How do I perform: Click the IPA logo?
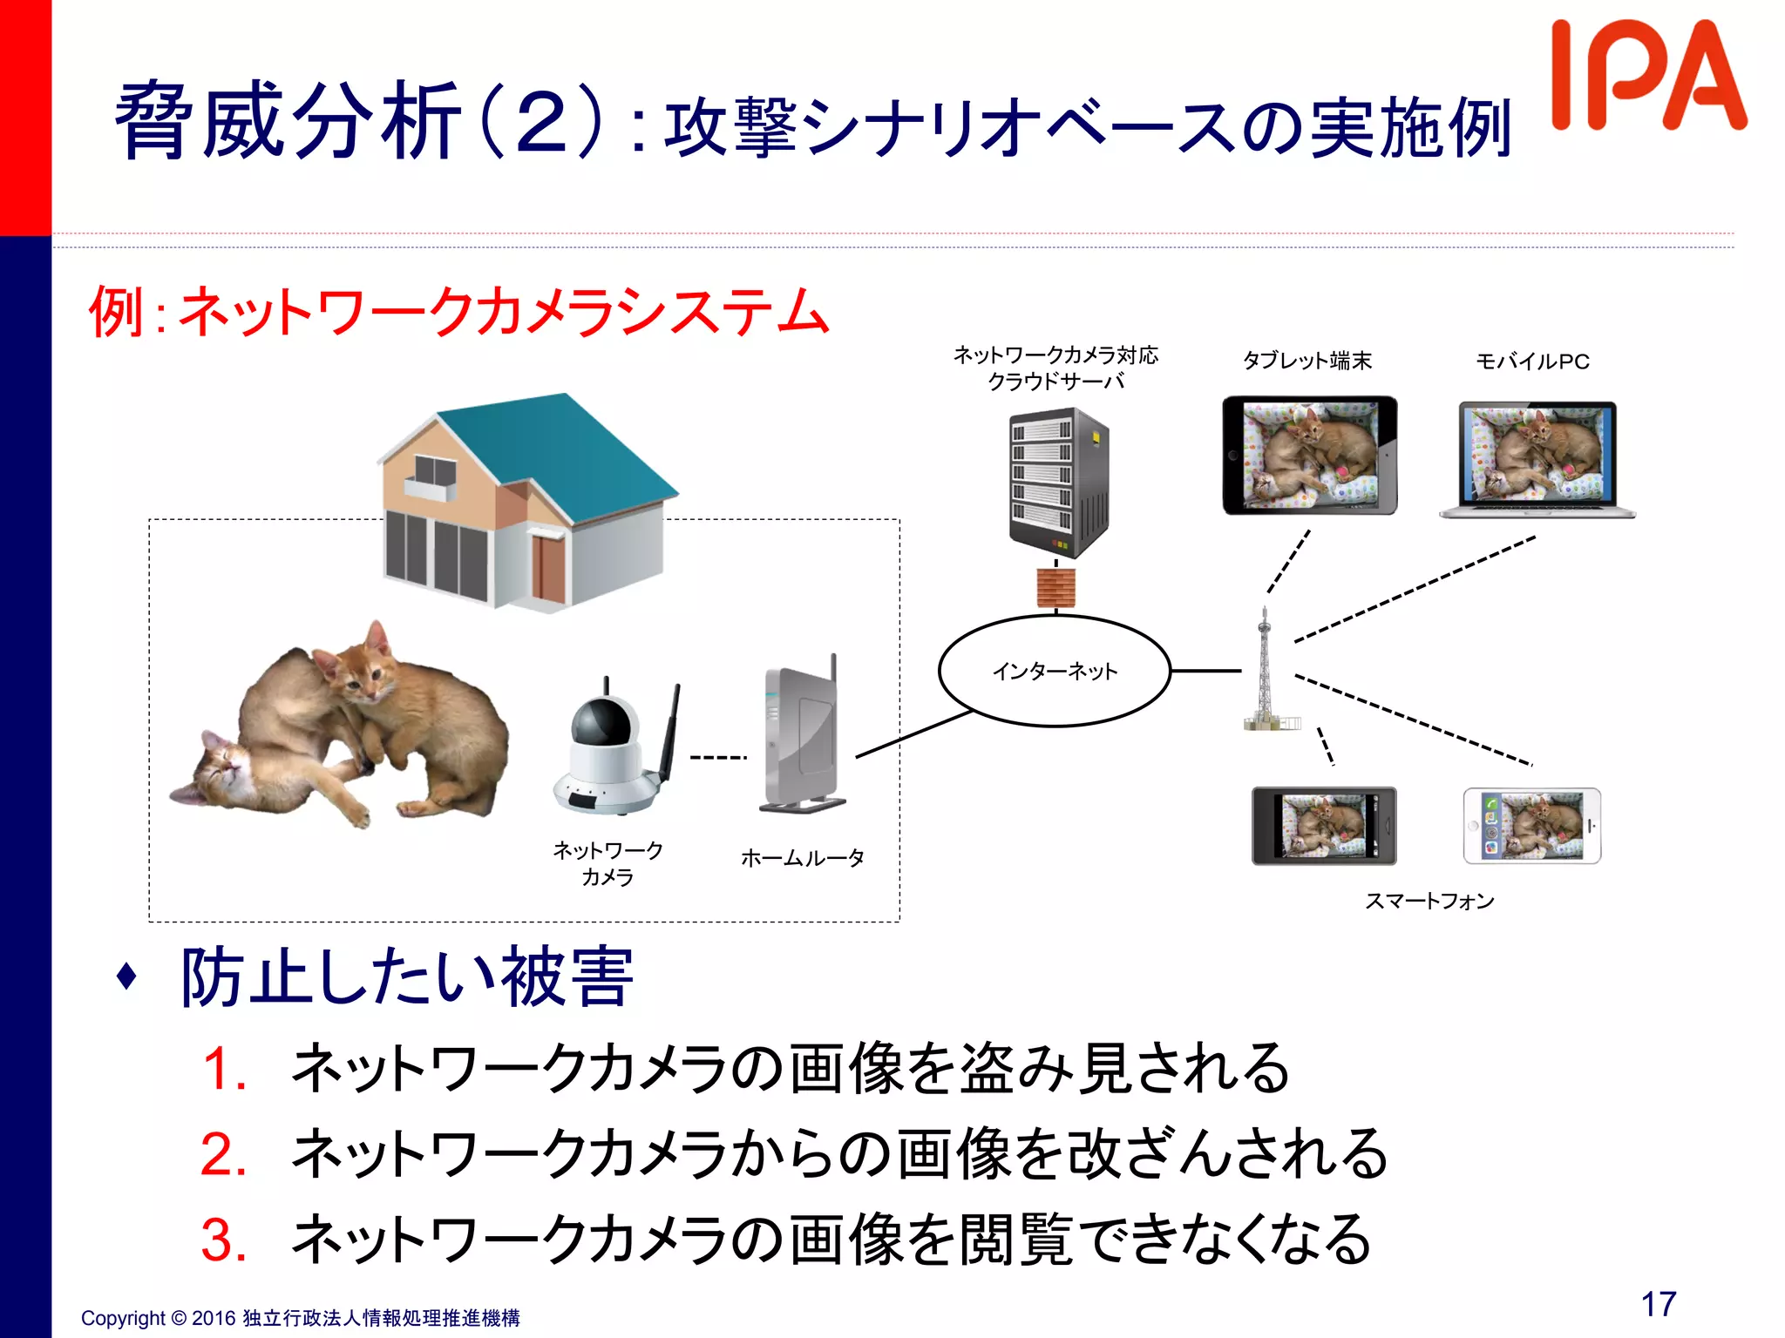pyautogui.click(x=1647, y=77)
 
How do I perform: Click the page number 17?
pyautogui.click(x=1658, y=1304)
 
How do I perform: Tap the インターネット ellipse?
pyautogui.click(x=1055, y=671)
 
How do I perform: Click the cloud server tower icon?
pyautogui.click(x=1058, y=483)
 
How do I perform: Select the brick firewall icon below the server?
pyautogui.click(x=1055, y=588)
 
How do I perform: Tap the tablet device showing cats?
pyautogui.click(x=1309, y=456)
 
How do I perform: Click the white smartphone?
pyautogui.click(x=1531, y=826)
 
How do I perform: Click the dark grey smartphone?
pyautogui.click(x=1324, y=826)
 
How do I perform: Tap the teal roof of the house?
pyautogui.click(x=558, y=453)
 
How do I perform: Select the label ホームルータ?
pyautogui.click(x=802, y=858)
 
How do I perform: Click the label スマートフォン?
pyautogui.click(x=1429, y=901)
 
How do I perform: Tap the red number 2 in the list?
pyautogui.click(x=222, y=1154)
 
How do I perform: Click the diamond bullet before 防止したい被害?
pyautogui.click(x=127, y=976)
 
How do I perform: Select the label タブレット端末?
pyautogui.click(x=1307, y=361)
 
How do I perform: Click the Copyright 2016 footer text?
pyautogui.click(x=300, y=1318)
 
